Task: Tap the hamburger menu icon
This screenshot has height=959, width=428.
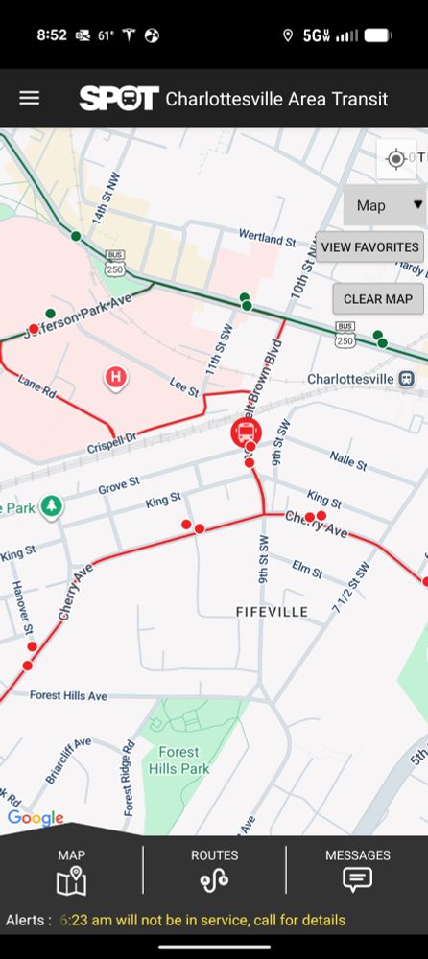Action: [30, 98]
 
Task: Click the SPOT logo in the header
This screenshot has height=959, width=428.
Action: [118, 99]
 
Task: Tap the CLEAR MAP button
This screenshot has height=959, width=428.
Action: [377, 298]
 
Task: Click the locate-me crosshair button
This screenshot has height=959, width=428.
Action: [395, 159]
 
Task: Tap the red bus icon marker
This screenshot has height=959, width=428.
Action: [246, 431]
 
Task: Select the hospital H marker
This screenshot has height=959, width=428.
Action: [116, 377]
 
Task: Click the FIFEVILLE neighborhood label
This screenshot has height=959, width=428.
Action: [273, 612]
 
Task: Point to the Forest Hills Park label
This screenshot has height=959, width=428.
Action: [178, 760]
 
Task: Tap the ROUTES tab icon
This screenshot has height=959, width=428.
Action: [214, 870]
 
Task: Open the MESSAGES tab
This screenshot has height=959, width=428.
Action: [357, 870]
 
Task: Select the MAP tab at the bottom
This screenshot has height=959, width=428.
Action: [71, 870]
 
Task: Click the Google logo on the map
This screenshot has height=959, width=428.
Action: [35, 818]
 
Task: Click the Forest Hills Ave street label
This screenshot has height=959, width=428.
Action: [68, 695]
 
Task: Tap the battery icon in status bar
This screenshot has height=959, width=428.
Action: [377, 35]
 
